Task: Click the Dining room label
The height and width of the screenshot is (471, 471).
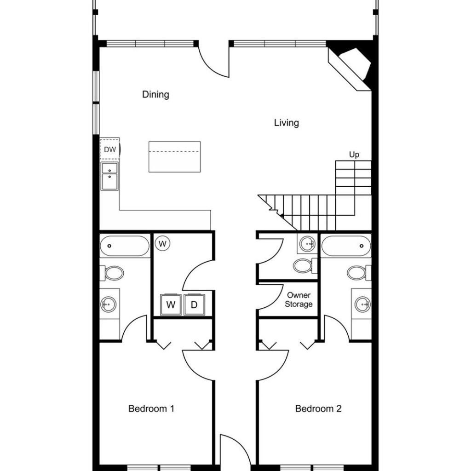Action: click(x=155, y=95)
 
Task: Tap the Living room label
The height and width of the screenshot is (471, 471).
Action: click(x=287, y=123)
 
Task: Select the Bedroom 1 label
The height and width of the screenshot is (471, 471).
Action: click(x=151, y=408)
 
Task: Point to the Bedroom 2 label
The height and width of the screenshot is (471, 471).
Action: click(x=318, y=408)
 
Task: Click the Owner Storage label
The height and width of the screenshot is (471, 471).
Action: click(x=299, y=300)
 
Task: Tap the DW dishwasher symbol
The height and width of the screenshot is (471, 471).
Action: click(x=110, y=149)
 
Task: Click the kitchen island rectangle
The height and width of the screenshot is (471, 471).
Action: click(x=174, y=157)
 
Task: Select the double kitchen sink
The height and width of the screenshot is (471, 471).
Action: click(x=109, y=176)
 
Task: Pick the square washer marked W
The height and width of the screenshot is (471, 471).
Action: click(x=171, y=304)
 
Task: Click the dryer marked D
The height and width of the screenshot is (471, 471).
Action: click(x=195, y=304)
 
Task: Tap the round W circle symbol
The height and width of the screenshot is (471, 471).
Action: click(x=162, y=243)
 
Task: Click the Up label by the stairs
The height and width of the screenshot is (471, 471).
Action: click(x=354, y=155)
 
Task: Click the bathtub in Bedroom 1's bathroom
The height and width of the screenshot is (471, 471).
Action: click(x=125, y=246)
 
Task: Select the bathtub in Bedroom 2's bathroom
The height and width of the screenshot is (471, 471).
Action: click(x=346, y=246)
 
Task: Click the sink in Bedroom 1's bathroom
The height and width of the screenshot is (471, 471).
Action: click(x=108, y=304)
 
